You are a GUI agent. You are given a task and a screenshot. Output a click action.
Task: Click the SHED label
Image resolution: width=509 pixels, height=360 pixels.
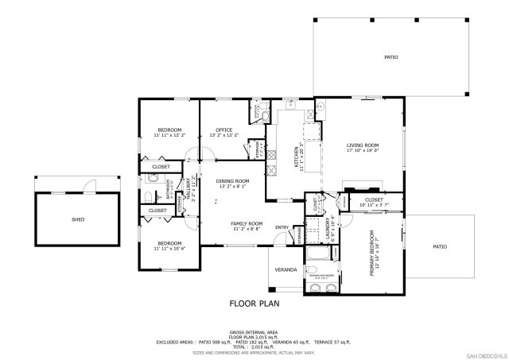tap(78, 219)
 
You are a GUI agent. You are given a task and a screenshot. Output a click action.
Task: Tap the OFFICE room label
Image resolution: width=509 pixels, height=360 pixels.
tap(223, 130)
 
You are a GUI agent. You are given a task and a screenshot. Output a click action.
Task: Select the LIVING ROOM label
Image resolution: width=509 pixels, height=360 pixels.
tap(362, 145)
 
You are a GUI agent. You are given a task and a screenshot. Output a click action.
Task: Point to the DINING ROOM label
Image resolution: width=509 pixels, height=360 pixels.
tap(232, 181)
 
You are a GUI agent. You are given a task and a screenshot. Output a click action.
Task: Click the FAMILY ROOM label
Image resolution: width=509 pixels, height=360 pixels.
tap(247, 224)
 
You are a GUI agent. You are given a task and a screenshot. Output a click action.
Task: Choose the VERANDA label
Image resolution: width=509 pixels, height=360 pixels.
tap(286, 269)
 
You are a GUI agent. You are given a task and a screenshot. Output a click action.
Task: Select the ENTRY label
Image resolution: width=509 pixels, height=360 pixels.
tap(282, 228)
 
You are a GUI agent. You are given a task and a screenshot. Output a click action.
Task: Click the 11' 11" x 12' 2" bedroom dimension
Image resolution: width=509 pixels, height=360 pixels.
tap(169, 135)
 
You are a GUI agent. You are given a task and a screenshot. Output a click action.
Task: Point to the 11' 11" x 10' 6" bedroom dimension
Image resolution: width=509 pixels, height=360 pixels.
tap(169, 249)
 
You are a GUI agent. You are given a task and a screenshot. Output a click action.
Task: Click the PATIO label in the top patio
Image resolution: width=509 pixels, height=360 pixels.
tap(390, 57)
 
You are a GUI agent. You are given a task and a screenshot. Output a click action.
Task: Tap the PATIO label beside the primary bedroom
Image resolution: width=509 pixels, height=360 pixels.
tap(439, 246)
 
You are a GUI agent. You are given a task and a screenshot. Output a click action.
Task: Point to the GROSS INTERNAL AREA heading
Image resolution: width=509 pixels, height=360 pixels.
tap(254, 331)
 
